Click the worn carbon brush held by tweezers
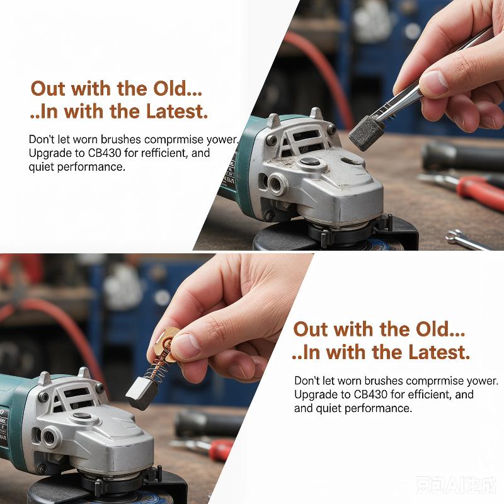coord(364,134)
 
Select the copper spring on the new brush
coord(156,367)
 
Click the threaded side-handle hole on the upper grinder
coord(277,183)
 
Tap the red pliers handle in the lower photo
coord(220,449)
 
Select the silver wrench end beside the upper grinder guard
coord(464,239)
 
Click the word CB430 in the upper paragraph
coord(105,152)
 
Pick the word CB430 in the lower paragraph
coord(370,394)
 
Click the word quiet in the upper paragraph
coord(41,167)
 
